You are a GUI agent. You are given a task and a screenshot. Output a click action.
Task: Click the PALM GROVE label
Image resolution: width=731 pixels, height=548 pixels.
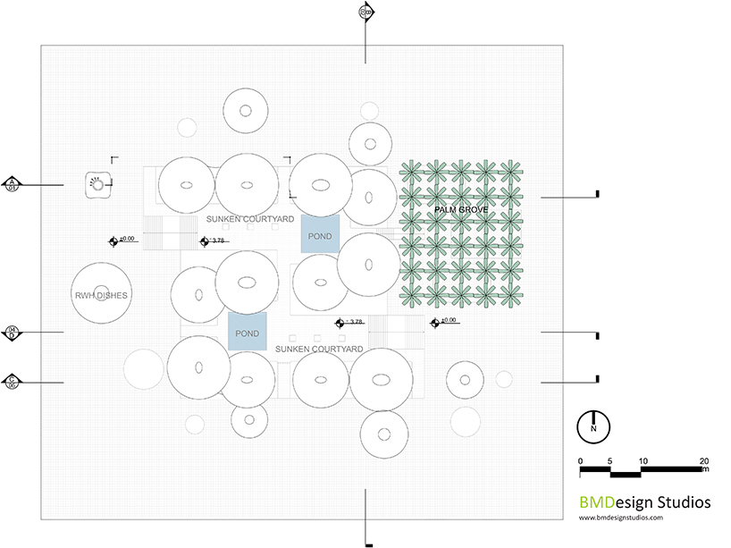click(461, 209)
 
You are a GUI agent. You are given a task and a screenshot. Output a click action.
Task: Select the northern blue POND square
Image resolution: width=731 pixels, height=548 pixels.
click(320, 235)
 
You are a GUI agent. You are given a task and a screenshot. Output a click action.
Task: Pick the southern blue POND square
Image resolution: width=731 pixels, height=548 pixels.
click(247, 333)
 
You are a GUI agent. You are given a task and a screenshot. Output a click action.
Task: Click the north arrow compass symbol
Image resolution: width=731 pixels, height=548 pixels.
click(592, 425)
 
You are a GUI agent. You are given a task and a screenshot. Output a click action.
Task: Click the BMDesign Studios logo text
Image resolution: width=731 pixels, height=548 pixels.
click(644, 502)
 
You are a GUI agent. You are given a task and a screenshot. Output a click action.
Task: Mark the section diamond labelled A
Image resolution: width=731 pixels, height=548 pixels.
click(13, 184)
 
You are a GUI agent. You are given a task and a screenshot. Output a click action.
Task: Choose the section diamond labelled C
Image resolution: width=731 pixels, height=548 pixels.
click(13, 382)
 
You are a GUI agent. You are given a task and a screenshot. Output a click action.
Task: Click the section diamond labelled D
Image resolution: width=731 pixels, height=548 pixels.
click(13, 333)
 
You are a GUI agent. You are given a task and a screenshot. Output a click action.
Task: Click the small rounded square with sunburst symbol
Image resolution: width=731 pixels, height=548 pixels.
click(97, 184)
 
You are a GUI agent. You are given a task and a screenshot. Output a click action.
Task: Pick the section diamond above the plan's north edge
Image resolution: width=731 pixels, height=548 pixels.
click(365, 12)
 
